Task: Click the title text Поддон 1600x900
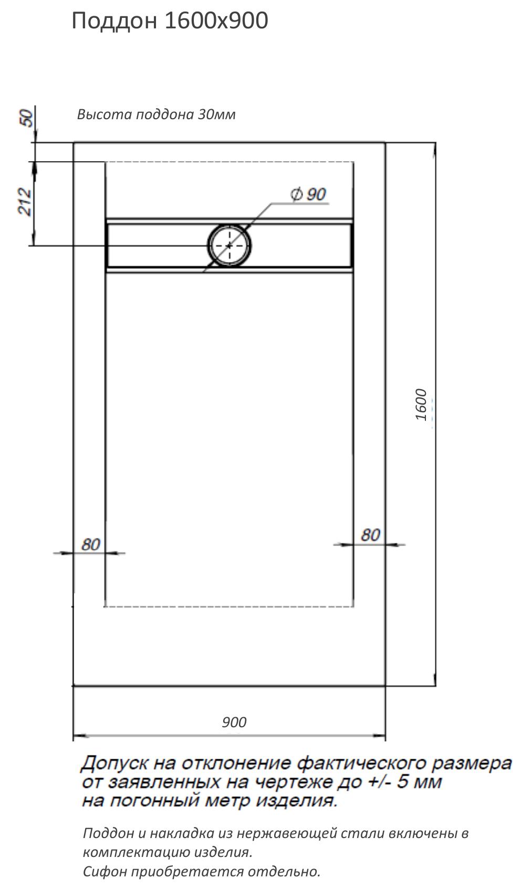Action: (170, 22)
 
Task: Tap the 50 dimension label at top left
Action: (27, 118)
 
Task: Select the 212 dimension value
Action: (25, 202)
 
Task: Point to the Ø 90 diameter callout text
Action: (308, 194)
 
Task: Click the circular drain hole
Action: (230, 245)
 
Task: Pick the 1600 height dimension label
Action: (421, 404)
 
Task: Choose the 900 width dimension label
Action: (234, 722)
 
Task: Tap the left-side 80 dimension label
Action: (91, 545)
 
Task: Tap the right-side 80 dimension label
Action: (370, 535)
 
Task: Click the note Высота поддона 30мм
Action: (156, 114)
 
